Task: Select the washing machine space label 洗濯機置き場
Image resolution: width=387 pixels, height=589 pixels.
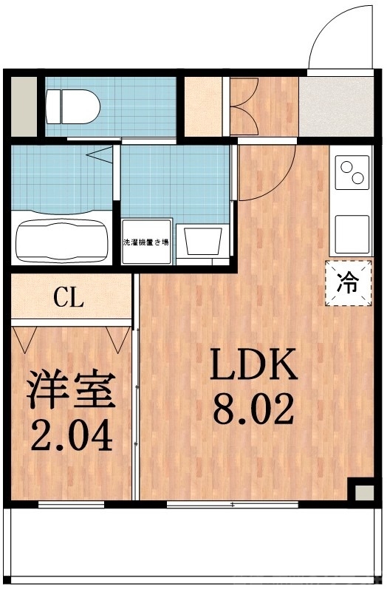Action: pyautogui.click(x=145, y=242)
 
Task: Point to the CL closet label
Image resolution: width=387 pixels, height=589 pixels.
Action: pyautogui.click(x=69, y=300)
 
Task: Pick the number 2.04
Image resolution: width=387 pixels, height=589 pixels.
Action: pyautogui.click(x=71, y=435)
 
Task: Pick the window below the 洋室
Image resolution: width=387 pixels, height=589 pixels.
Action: pyautogui.click(x=71, y=505)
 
